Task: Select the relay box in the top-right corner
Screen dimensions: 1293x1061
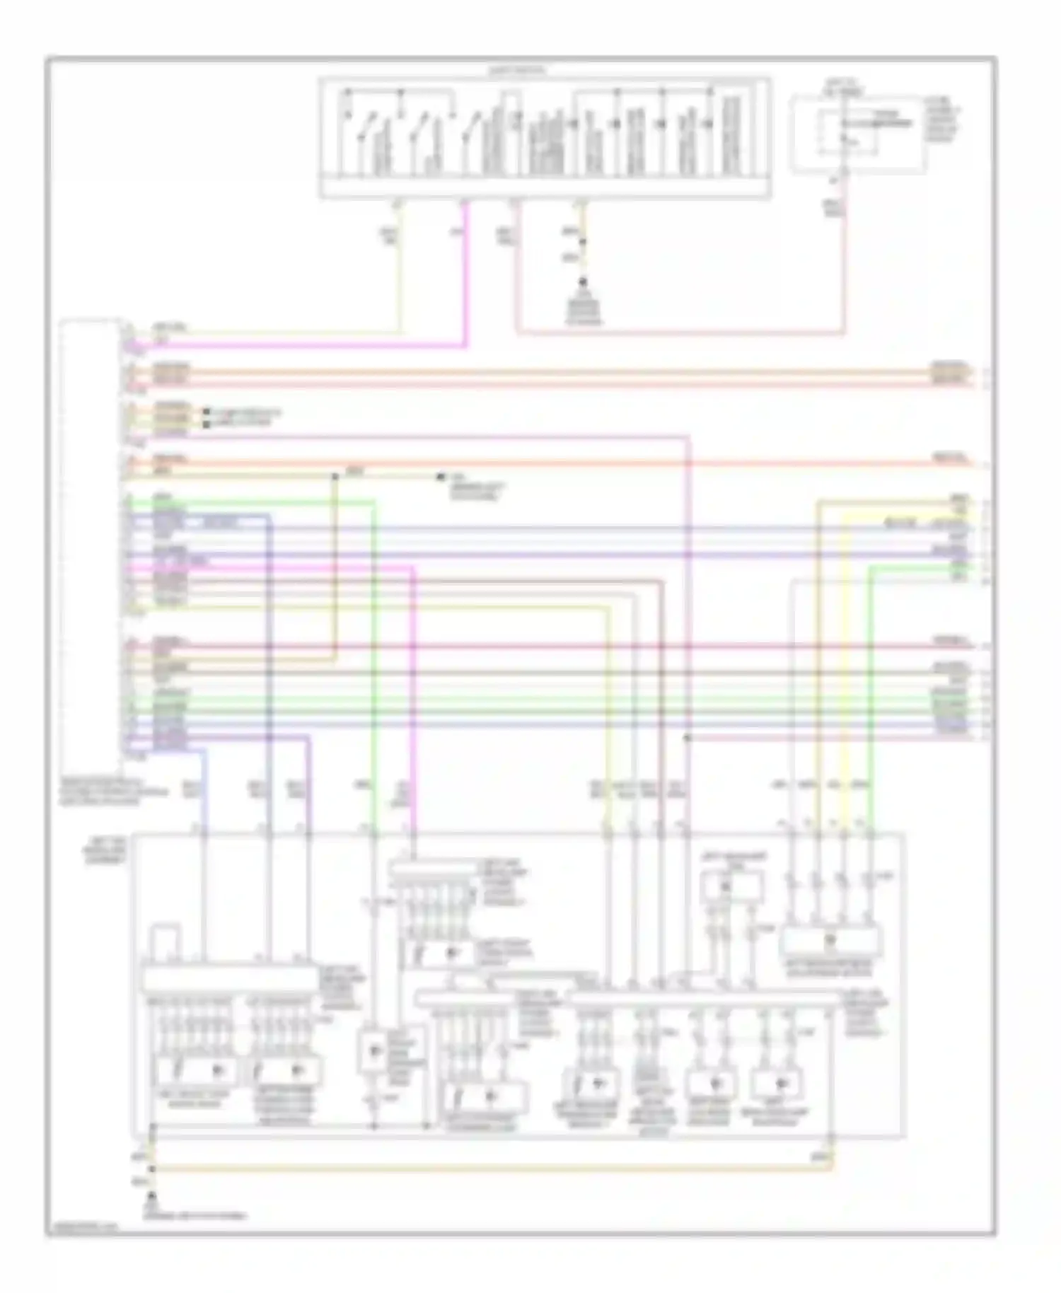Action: pyautogui.click(x=857, y=135)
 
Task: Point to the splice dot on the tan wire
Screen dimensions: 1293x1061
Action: pyautogui.click(x=335, y=475)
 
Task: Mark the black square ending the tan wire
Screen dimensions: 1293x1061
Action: pyautogui.click(x=441, y=477)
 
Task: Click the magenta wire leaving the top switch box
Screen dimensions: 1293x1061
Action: pyautogui.click(x=465, y=283)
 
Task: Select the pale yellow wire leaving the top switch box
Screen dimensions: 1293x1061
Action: pyautogui.click(x=401, y=283)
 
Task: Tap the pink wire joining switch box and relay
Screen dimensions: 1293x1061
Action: pyautogui.click(x=679, y=332)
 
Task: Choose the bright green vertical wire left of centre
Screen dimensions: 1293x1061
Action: pyautogui.click(x=373, y=637)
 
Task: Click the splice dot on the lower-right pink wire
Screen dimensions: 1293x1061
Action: pyautogui.click(x=687, y=738)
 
